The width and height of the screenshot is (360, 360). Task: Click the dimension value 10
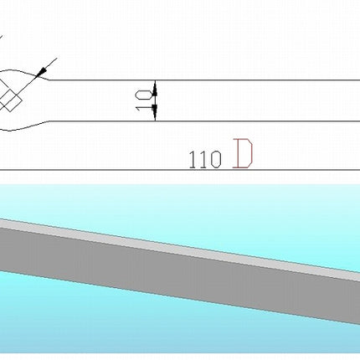pyautogui.click(x=144, y=100)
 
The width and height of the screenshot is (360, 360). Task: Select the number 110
pyautogui.click(x=205, y=160)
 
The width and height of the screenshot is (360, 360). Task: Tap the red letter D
pyautogui.click(x=243, y=154)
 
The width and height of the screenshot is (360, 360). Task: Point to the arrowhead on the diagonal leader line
pyautogui.click(x=41, y=72)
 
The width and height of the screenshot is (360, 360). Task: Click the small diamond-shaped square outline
pyautogui.click(x=11, y=100)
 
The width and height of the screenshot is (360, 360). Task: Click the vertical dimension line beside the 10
pyautogui.click(x=156, y=100)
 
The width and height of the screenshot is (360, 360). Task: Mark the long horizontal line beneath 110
pyautogui.click(x=180, y=170)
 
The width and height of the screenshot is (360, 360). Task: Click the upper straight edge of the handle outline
pyautogui.click(x=205, y=80)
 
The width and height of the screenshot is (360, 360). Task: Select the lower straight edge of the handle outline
pyautogui.click(x=205, y=121)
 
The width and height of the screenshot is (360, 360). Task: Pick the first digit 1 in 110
pyautogui.click(x=193, y=160)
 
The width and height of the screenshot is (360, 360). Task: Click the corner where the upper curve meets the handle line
pyautogui.click(x=49, y=80)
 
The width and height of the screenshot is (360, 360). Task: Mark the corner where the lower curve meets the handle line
pyautogui.click(x=49, y=121)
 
